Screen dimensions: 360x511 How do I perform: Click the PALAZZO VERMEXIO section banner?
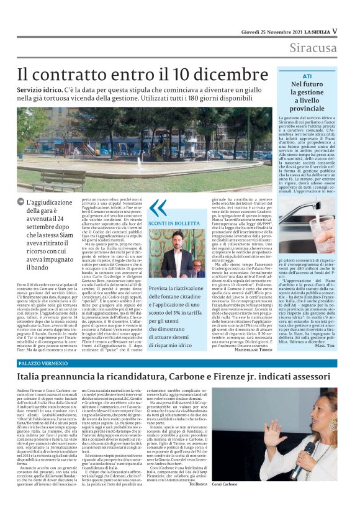tap(41, 361)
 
